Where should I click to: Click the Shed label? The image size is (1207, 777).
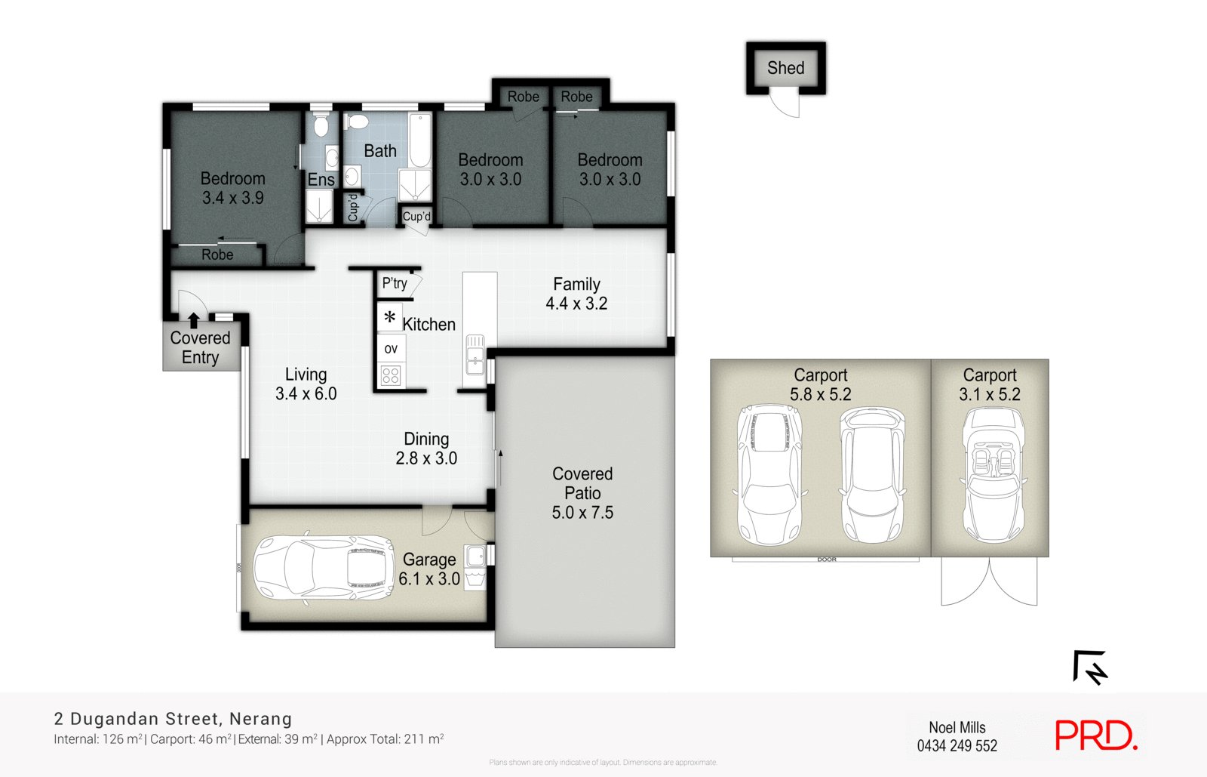click(x=785, y=68)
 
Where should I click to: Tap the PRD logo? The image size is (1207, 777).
click(x=1095, y=735)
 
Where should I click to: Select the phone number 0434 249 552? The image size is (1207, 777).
click(x=957, y=746)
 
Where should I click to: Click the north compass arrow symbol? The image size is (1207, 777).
click(x=1090, y=667)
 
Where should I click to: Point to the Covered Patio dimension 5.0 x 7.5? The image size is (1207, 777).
click(x=582, y=513)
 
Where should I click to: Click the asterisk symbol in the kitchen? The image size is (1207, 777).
click(x=389, y=318)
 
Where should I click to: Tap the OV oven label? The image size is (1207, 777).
click(x=391, y=349)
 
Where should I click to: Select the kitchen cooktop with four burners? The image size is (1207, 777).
click(x=391, y=375)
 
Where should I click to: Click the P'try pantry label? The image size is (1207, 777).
click(x=395, y=283)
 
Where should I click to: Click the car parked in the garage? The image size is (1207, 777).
click(x=323, y=568)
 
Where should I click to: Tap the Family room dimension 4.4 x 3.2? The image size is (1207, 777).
click(x=576, y=304)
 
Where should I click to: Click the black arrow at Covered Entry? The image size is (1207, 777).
click(x=194, y=320)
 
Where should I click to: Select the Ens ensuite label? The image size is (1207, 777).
click(x=321, y=180)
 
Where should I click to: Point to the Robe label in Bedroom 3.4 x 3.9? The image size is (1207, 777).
click(x=217, y=255)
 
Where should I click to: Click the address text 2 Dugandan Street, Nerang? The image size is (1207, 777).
click(x=173, y=719)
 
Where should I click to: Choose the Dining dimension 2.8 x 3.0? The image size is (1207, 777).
click(x=426, y=458)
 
